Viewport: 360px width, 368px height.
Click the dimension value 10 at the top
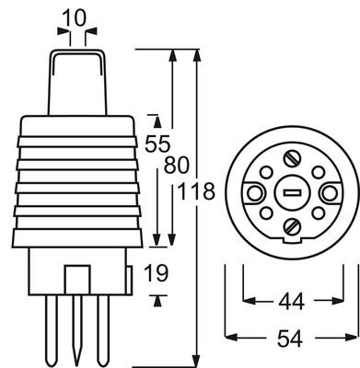(77, 17)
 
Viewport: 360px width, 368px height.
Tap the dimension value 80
(177, 167)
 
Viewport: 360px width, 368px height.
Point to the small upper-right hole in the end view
(314, 172)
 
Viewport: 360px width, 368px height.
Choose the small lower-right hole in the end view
(316, 214)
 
